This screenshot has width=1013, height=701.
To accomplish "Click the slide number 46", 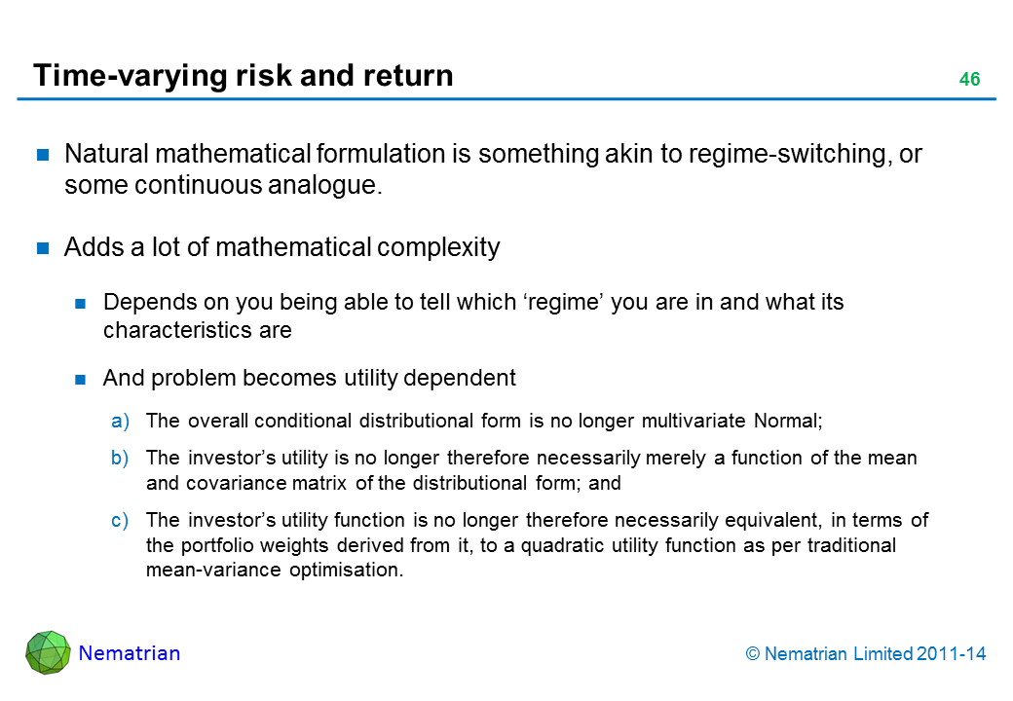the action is point(969,79).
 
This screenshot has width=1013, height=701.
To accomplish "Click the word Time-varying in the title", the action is point(131,76).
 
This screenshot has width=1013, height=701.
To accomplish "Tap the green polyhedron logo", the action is point(48,652).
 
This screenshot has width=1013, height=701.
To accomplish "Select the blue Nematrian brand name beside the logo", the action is point(130,653).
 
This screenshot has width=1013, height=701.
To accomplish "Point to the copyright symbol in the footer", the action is point(753,654).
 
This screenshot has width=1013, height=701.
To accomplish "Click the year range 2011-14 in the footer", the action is point(951,654).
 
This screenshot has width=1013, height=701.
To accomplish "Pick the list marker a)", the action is point(120,421).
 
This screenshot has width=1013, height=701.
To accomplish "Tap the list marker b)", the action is point(120,458).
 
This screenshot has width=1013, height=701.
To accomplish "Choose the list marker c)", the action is point(120,520).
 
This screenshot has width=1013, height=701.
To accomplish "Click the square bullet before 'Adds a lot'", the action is point(43,248).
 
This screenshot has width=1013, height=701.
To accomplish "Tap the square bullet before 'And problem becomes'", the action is point(81,379).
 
